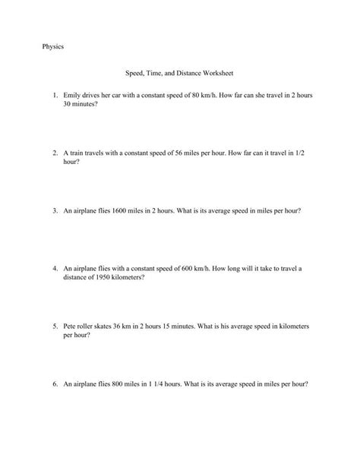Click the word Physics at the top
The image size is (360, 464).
(x=52, y=47)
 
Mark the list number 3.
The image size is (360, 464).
(x=55, y=210)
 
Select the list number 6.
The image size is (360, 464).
(x=55, y=384)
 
